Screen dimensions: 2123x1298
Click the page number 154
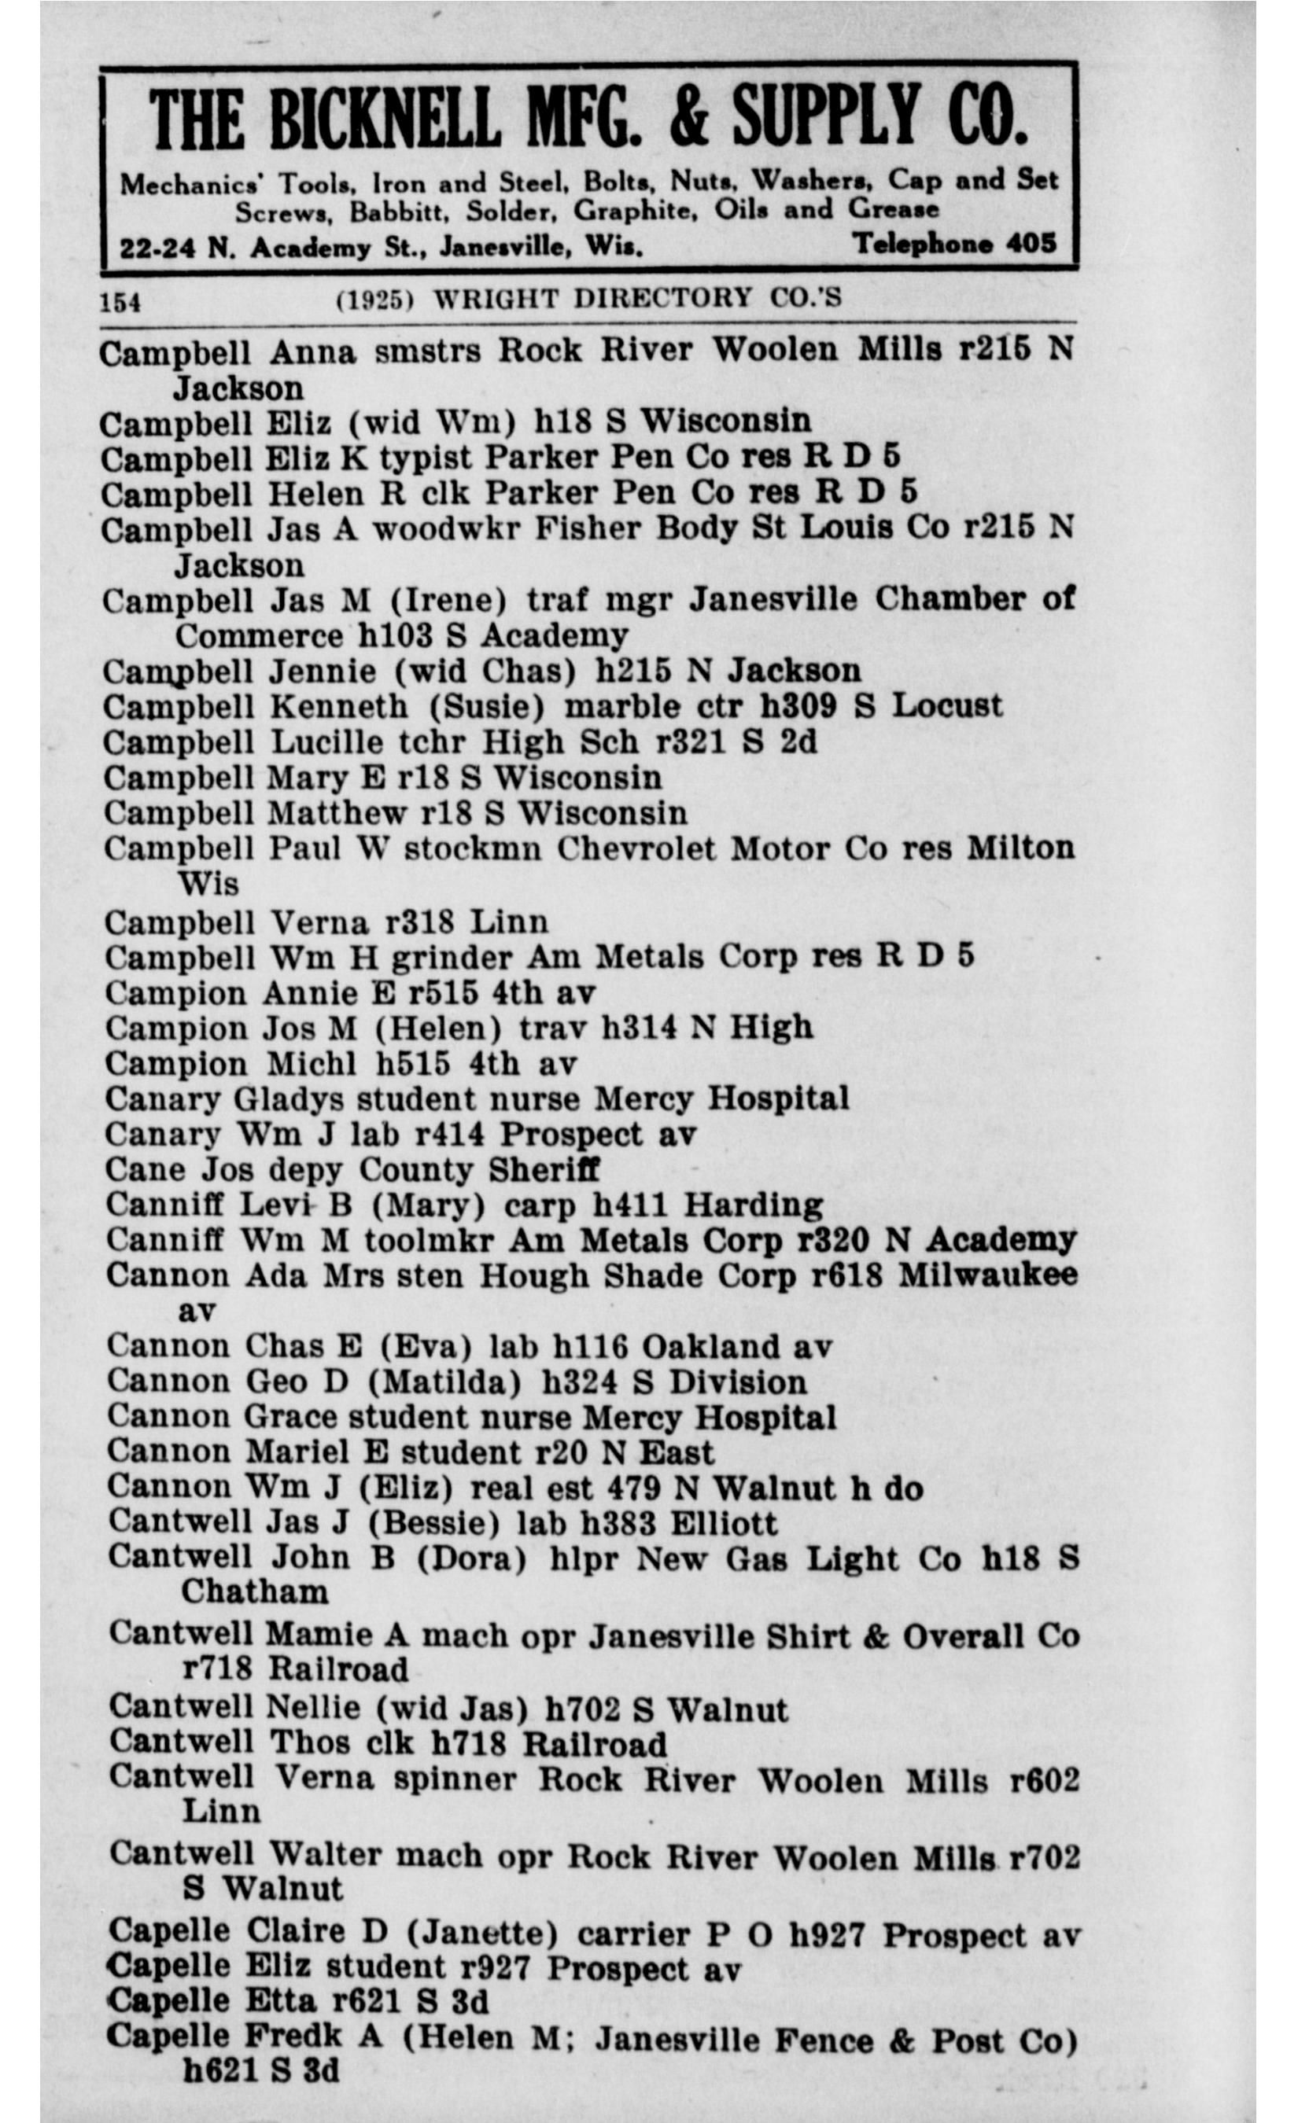(120, 303)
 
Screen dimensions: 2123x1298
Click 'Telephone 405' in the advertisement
(954, 244)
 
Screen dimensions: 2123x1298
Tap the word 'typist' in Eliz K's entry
(426, 458)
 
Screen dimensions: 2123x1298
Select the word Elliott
(723, 1523)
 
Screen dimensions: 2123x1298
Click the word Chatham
(254, 1591)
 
